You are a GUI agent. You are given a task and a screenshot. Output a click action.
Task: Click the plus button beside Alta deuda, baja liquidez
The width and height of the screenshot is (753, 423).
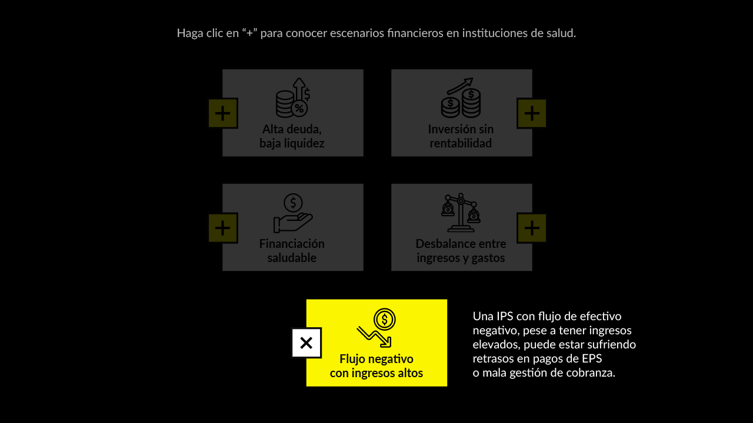223,113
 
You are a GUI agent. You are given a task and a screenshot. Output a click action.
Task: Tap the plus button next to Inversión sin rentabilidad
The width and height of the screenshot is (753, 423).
531,113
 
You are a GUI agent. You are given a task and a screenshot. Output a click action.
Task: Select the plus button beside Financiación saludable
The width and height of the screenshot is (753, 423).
223,228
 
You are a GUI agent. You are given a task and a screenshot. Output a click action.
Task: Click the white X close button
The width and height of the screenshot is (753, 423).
306,343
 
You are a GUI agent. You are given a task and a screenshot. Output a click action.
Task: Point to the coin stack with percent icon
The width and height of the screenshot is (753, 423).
293,98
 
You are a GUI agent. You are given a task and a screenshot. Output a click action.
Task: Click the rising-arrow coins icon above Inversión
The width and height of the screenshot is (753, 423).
461,98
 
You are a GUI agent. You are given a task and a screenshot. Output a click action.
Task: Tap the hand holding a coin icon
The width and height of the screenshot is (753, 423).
293,213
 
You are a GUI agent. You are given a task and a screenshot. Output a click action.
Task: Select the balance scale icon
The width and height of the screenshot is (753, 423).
461,213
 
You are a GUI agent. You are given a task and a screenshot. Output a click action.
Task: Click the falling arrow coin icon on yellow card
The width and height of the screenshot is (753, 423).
376,328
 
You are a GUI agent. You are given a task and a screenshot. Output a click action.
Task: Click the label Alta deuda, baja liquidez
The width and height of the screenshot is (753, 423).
292,136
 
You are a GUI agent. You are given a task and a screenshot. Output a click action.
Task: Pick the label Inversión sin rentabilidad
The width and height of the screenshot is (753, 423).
461,136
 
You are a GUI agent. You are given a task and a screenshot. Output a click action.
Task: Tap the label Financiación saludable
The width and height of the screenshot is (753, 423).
292,251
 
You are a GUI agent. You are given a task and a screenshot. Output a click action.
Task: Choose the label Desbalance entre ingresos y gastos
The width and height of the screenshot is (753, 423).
461,251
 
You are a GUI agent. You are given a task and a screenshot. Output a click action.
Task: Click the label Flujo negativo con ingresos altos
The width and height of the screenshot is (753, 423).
376,366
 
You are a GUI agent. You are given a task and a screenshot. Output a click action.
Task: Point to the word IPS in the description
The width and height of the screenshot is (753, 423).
503,316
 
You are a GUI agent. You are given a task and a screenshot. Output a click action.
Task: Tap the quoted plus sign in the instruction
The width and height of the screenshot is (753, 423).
249,33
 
